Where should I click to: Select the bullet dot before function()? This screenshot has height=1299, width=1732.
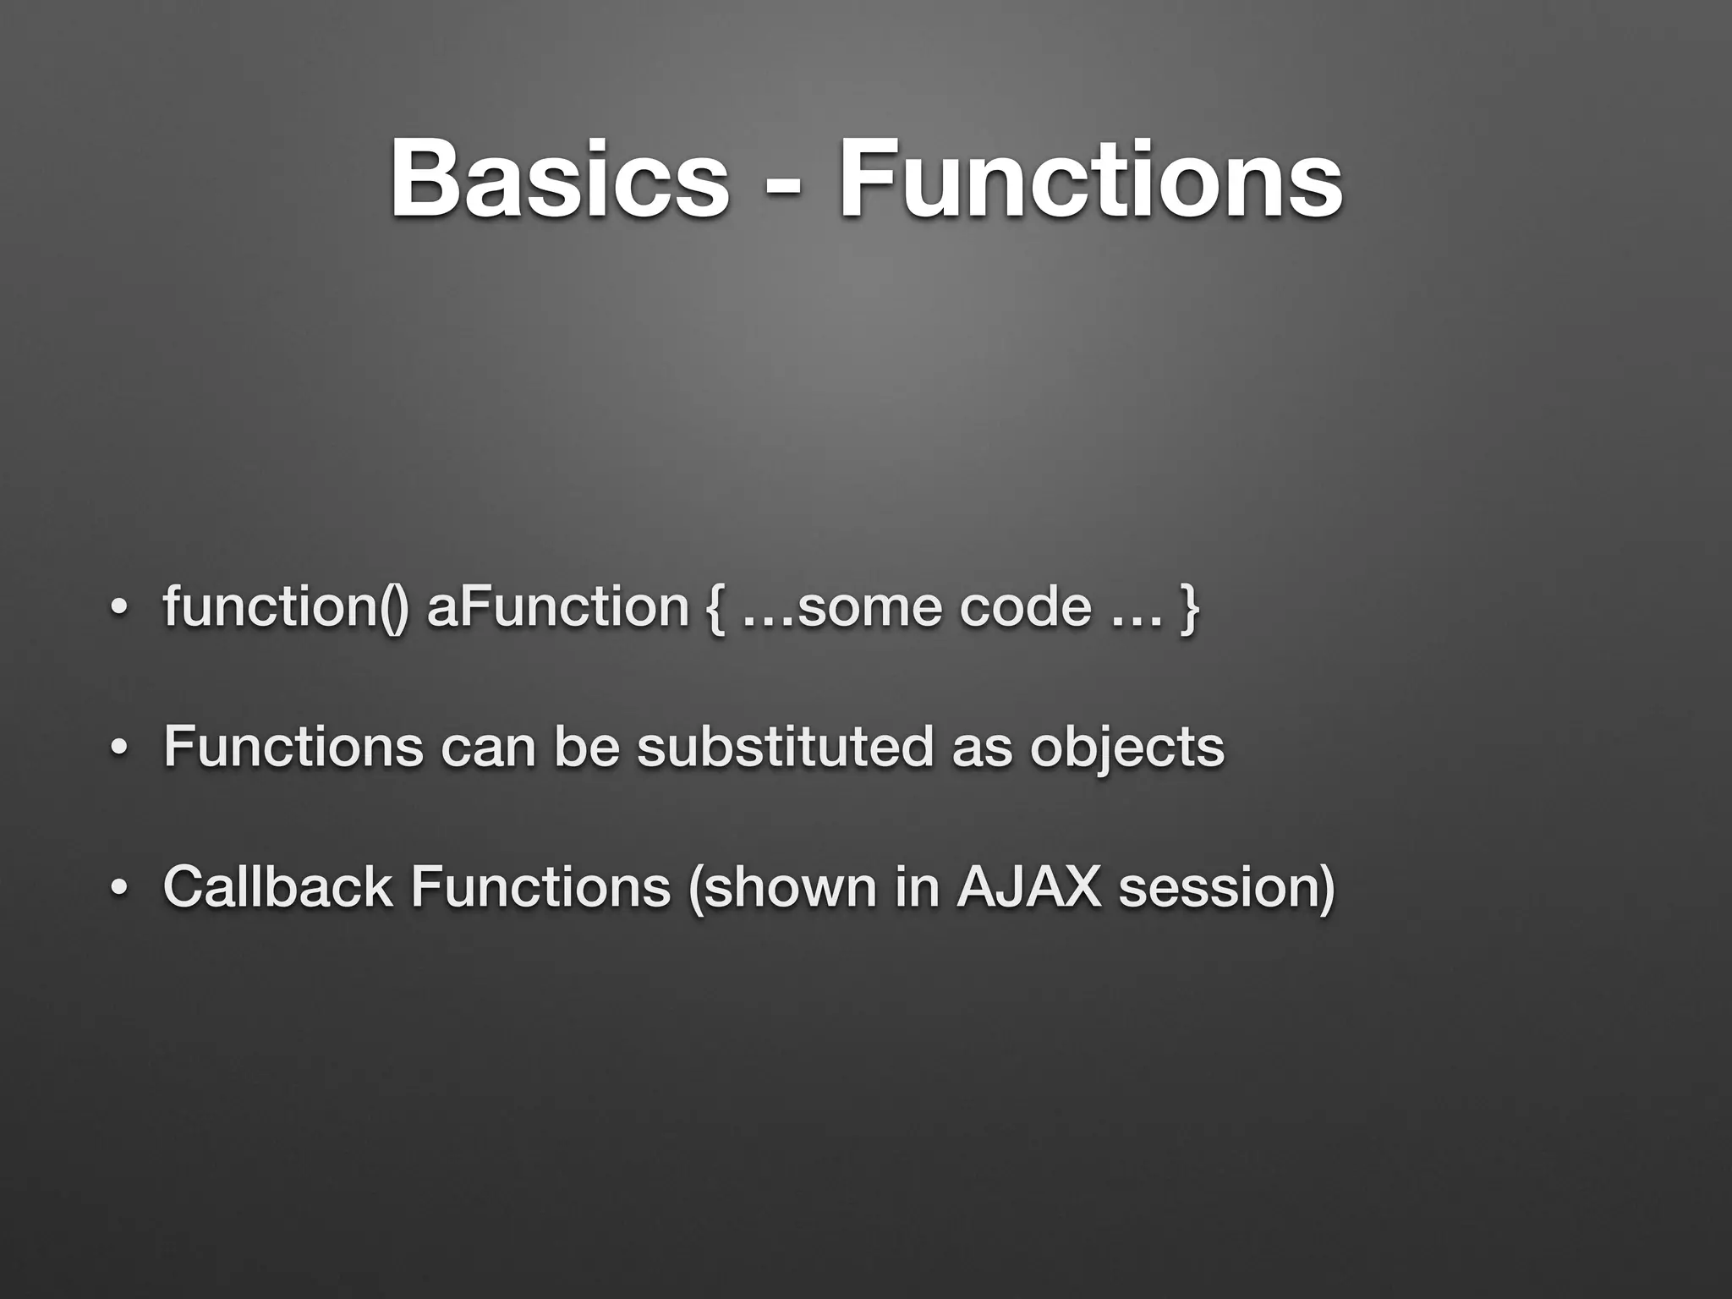click(x=119, y=611)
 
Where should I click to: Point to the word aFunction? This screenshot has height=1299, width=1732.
click(x=558, y=608)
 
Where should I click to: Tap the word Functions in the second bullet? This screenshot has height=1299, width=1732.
click(x=293, y=747)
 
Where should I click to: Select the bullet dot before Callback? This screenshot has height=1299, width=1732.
click(x=119, y=890)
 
